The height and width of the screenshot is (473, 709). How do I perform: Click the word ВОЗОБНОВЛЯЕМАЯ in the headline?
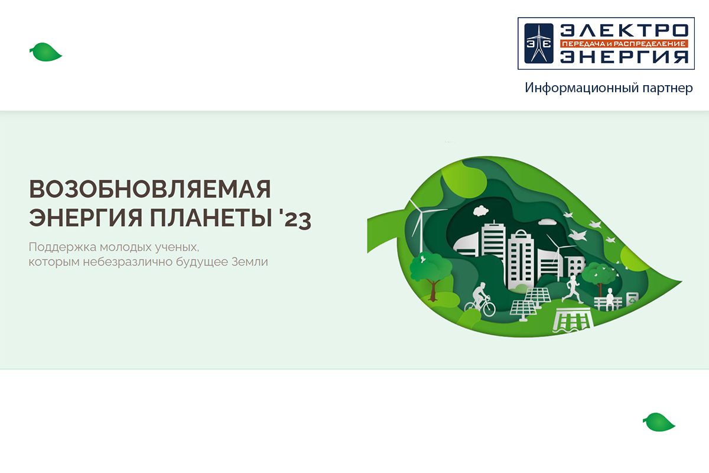[x=150, y=189]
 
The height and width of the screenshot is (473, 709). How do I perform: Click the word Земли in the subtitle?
[x=250, y=262]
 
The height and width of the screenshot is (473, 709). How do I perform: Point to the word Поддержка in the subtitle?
[x=63, y=247]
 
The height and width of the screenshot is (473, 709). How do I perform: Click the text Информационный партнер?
[x=609, y=88]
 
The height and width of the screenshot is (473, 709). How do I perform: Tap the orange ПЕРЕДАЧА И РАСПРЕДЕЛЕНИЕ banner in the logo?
[x=624, y=44]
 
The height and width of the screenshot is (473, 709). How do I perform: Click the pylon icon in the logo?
[x=539, y=43]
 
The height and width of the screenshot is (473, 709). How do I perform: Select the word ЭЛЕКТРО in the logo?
[x=624, y=30]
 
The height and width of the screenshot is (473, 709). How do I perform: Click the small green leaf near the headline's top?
[x=45, y=52]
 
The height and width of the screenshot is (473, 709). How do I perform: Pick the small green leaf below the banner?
[x=659, y=422]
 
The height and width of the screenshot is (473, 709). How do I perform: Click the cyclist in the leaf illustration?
[x=480, y=299]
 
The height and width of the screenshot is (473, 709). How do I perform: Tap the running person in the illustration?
[x=573, y=289]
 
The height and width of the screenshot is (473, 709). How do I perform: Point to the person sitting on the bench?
[x=610, y=299]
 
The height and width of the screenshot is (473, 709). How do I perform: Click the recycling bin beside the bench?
[x=632, y=300]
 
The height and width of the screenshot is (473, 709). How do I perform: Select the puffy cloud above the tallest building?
[x=481, y=210]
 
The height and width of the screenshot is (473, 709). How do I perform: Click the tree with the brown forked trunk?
[x=431, y=275]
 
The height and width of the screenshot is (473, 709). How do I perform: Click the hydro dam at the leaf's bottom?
[x=573, y=320]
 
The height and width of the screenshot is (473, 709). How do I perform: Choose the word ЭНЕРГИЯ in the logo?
[x=624, y=57]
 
